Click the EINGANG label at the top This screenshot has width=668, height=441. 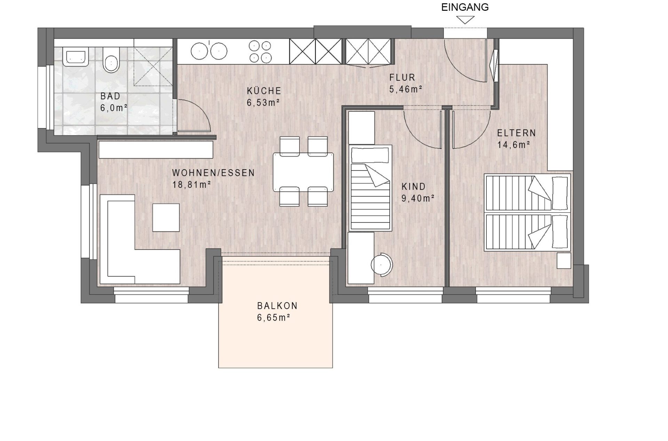(x=465, y=7)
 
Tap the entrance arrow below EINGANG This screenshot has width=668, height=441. (x=465, y=20)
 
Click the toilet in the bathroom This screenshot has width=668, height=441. (x=111, y=60)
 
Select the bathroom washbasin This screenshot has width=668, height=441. (x=75, y=58)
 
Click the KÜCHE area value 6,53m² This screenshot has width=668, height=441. (x=263, y=103)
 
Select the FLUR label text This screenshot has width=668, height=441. (x=402, y=77)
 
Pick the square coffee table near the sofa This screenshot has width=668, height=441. (x=166, y=218)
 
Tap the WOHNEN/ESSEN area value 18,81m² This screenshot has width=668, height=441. (x=192, y=184)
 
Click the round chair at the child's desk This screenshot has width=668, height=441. (x=382, y=265)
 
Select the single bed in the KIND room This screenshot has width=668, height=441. (x=371, y=188)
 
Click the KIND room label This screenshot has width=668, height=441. (x=414, y=187)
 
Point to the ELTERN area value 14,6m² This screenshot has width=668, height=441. (x=514, y=145)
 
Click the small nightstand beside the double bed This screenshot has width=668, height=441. (x=564, y=260)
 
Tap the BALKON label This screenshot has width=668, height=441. (x=277, y=306)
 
